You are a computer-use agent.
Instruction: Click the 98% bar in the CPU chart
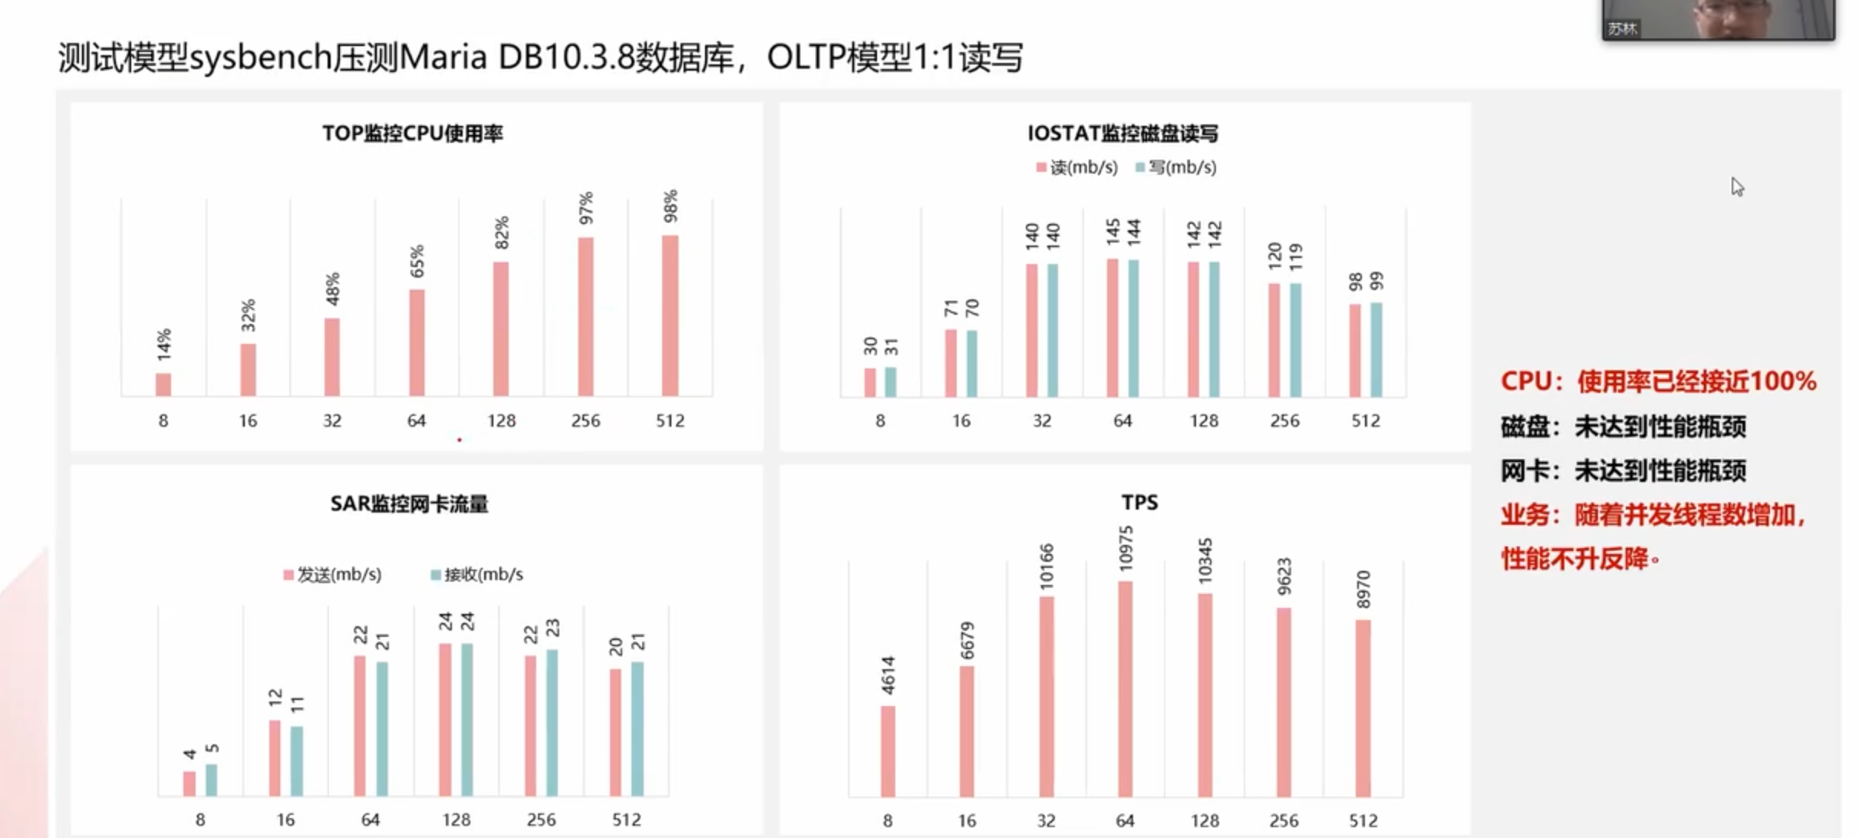[670, 315]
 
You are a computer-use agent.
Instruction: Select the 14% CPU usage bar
[163, 384]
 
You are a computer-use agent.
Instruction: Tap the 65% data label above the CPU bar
[417, 262]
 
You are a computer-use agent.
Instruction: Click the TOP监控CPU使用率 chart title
[413, 134]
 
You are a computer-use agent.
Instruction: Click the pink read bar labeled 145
[1112, 328]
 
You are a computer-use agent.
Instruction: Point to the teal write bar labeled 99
[1376, 350]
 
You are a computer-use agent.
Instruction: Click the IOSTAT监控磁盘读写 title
[1122, 134]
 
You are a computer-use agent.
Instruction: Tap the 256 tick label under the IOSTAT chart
[1284, 421]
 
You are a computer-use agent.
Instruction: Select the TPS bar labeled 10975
[1125, 688]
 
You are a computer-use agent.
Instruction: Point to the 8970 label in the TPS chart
[1363, 589]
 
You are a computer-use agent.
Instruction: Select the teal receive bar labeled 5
[212, 780]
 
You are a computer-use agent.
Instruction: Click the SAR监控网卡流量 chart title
[409, 504]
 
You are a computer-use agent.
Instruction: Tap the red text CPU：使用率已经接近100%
[1658, 381]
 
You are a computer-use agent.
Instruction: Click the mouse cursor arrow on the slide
[1737, 186]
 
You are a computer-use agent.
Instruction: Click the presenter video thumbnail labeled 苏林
[1718, 18]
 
